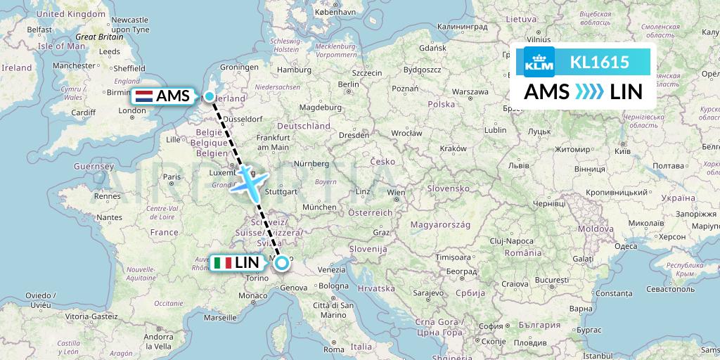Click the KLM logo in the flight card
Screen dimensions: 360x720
tap(539, 62)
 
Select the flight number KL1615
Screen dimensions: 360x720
tap(599, 62)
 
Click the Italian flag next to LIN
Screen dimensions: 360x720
tap(223, 264)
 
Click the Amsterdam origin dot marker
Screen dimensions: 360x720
tap(209, 96)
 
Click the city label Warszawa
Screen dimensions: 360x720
tap(470, 91)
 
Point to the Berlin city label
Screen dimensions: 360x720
tap(348, 84)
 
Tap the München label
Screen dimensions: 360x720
tap(319, 207)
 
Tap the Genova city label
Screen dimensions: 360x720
tap(295, 287)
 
